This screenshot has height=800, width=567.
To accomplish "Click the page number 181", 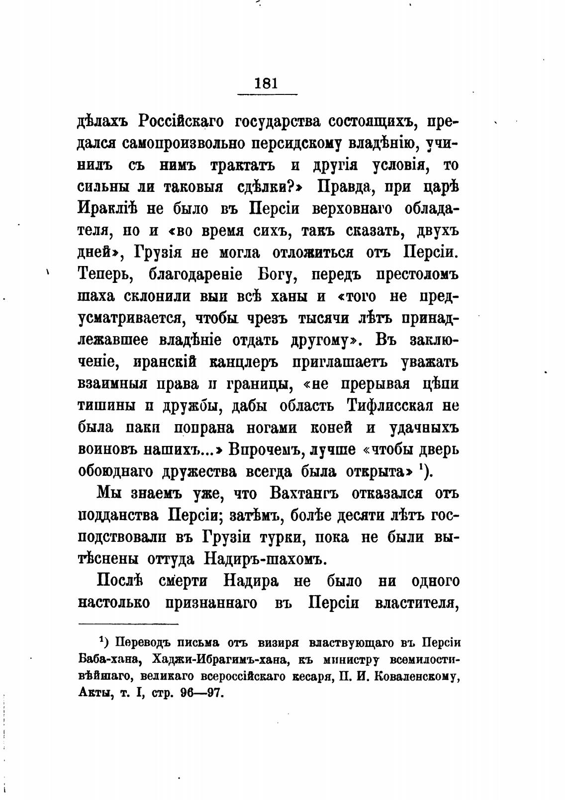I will click(266, 82).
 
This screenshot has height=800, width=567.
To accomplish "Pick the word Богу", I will click(278, 274).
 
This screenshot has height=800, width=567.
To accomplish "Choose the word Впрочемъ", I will click(266, 449).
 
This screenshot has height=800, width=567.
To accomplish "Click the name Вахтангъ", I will click(304, 493).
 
